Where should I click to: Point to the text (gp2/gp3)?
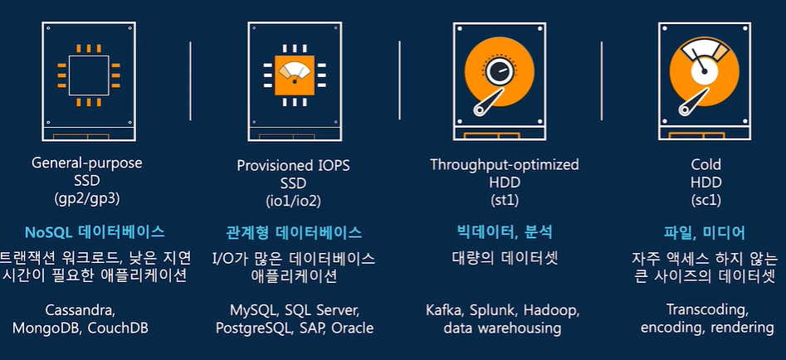[x=87, y=200]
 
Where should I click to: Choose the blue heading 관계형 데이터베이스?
[x=294, y=232]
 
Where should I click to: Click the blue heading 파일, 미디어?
[x=705, y=232]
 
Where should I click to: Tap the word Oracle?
[x=353, y=328]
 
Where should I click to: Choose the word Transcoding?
[x=707, y=310]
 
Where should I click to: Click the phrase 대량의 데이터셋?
[x=504, y=257]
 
